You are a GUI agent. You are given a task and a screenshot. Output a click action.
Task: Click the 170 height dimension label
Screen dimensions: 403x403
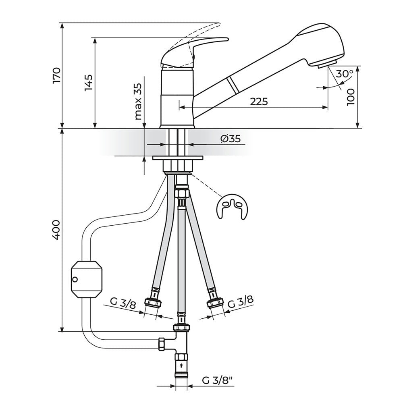[56, 75]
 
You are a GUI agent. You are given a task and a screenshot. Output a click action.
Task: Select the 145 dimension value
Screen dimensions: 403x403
[89, 83]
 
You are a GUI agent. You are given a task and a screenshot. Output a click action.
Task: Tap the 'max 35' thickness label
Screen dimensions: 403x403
[138, 102]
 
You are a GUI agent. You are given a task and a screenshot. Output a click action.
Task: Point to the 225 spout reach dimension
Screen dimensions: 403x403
[259, 102]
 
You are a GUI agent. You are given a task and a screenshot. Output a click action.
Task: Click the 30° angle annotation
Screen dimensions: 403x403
[344, 74]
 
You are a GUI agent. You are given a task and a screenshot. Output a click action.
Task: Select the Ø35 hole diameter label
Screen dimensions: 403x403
[230, 139]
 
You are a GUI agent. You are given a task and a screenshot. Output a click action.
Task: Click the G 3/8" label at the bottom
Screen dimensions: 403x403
[218, 380]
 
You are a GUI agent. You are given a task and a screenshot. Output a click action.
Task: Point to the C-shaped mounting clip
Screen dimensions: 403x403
[231, 206]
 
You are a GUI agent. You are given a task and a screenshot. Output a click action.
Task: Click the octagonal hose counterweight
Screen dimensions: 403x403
[86, 280]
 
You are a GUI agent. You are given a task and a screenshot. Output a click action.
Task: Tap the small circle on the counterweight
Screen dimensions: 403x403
[75, 280]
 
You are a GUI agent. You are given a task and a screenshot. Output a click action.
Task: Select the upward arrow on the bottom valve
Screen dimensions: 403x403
[182, 365]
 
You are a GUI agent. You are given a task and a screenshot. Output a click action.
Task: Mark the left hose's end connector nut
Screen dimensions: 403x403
[154, 302]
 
